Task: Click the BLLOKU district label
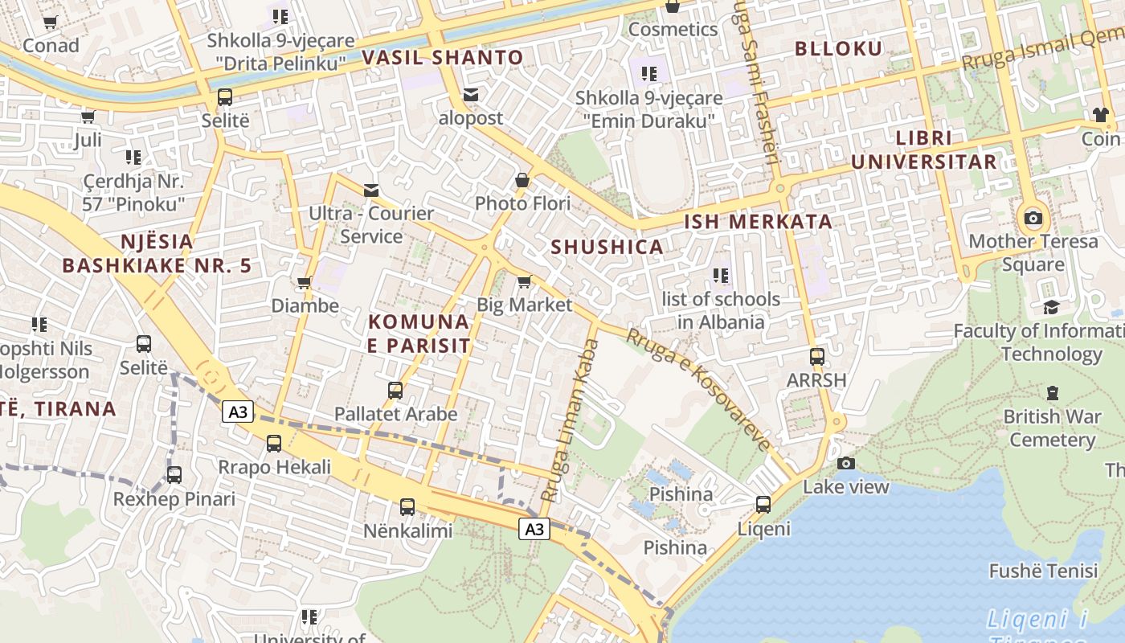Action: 838,48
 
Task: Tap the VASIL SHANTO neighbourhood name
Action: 442,57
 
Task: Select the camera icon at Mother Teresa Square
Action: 1033,218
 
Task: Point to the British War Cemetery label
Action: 1052,428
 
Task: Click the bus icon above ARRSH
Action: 817,356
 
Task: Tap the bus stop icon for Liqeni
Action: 763,505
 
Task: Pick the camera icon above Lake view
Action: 845,463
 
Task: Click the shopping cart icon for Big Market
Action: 524,281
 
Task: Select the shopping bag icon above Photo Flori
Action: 522,180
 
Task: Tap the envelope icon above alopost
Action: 471,95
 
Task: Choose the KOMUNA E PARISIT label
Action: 419,334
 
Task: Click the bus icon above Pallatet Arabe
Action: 395,391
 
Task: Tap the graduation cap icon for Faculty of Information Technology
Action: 1051,307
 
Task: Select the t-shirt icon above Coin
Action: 1100,115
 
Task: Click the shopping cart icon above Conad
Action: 51,23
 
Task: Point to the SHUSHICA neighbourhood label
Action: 607,247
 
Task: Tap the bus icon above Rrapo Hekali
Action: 274,443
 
